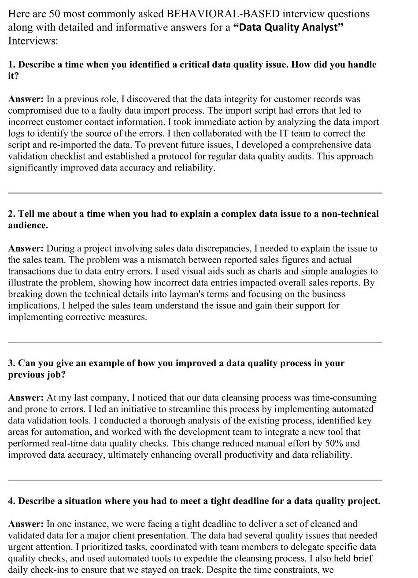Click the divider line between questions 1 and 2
(195, 193)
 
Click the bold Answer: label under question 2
(26, 248)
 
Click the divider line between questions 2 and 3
(195, 342)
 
